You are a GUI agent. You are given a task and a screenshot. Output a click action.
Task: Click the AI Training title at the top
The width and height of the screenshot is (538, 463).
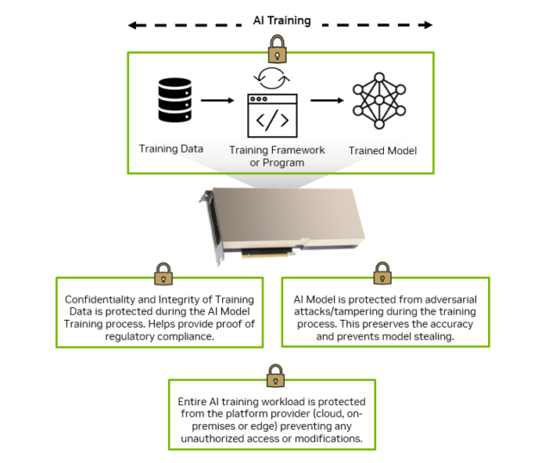pyautogui.click(x=281, y=20)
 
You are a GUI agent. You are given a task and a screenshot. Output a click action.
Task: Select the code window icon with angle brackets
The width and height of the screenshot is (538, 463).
pyautogui.click(x=272, y=116)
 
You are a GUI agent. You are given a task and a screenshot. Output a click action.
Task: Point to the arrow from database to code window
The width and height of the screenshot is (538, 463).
pyautogui.click(x=216, y=100)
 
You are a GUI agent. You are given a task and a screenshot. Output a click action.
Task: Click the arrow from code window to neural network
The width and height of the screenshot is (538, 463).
pyautogui.click(x=327, y=100)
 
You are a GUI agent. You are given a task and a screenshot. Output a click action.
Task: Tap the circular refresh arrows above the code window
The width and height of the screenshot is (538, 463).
pyautogui.click(x=272, y=80)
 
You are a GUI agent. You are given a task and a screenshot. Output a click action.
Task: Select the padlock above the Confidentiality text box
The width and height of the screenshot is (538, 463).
pyautogui.click(x=161, y=273)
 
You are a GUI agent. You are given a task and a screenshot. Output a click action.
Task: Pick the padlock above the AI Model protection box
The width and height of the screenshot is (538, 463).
pyautogui.click(x=382, y=273)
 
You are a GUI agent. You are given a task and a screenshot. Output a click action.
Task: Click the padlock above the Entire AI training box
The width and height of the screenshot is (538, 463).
pyautogui.click(x=275, y=375)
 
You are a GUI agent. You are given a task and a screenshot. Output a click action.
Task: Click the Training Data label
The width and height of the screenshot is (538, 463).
pyautogui.click(x=171, y=148)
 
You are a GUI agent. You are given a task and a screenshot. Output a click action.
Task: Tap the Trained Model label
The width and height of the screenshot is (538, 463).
pyautogui.click(x=382, y=150)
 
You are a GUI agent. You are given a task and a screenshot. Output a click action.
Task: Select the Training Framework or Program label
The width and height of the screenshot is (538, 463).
pyautogui.click(x=277, y=156)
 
